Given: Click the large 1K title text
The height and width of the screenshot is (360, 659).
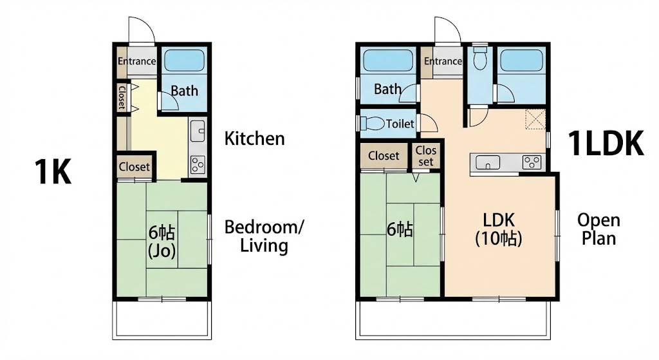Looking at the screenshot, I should (53, 173).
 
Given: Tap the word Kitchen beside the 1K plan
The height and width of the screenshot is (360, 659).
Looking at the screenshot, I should (254, 138).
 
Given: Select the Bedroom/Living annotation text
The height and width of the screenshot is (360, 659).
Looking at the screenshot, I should (264, 236).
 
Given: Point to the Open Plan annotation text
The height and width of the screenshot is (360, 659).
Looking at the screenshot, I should (599, 229).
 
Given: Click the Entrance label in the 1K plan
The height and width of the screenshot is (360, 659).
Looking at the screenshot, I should (136, 61).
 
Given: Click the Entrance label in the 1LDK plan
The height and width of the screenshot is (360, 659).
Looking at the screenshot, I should (443, 61).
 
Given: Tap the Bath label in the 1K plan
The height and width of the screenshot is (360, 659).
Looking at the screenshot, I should (184, 91).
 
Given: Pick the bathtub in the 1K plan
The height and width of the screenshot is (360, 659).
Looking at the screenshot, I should (183, 62).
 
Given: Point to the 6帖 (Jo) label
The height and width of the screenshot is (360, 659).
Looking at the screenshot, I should (162, 242).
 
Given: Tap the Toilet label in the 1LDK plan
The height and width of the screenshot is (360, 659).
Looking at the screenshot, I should (400, 124).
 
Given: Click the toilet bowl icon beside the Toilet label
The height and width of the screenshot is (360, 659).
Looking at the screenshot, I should (371, 123).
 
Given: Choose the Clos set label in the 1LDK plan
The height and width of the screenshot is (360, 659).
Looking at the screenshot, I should (426, 156).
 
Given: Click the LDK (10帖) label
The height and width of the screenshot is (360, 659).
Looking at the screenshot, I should (498, 229).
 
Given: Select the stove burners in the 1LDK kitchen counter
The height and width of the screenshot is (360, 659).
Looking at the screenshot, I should (532, 162).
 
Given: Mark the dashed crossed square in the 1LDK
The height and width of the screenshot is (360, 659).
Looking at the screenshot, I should (535, 120).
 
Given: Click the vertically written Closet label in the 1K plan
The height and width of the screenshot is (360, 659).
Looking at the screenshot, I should (121, 97).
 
